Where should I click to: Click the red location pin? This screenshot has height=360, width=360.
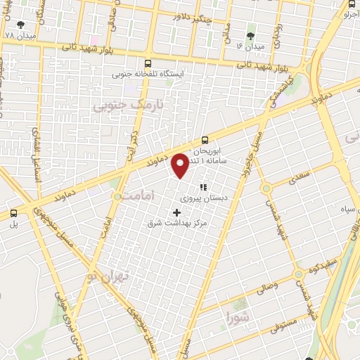(x=181, y=165)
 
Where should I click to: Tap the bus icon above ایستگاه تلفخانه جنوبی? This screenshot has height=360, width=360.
(x=147, y=63)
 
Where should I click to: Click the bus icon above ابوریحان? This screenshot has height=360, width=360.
(x=205, y=140)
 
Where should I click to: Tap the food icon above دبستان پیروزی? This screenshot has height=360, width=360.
(x=203, y=187)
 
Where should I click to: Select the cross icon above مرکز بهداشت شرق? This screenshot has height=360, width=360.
(x=176, y=212)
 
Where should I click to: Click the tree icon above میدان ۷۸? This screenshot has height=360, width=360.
(x=19, y=24)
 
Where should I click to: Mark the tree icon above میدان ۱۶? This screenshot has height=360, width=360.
(x=251, y=35)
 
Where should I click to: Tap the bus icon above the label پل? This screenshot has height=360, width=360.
(x=13, y=213)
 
